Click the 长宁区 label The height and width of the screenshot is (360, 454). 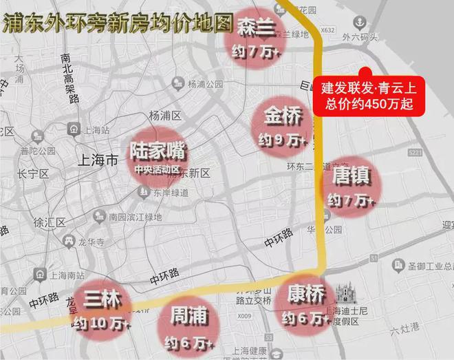pyautogui.click(x=34, y=174)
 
